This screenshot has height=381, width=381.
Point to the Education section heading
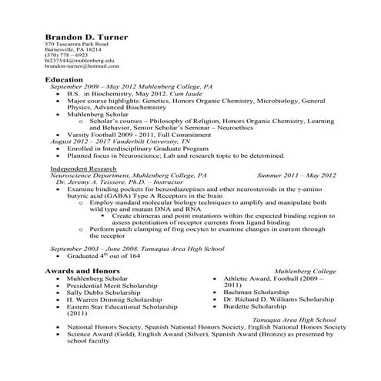pos(64,80)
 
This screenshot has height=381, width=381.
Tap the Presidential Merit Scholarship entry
pos(112,286)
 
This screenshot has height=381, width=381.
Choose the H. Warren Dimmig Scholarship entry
pos(112,300)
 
